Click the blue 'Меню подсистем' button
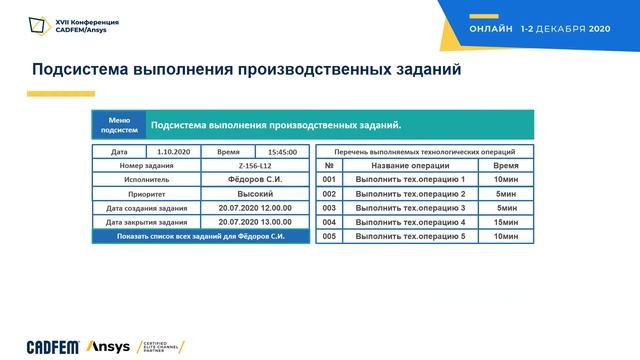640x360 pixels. point(118,125)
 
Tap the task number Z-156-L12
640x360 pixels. point(255,165)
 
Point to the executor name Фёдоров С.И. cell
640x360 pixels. point(255,179)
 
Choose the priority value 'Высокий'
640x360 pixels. point(255,193)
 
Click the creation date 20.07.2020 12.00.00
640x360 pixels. point(255,208)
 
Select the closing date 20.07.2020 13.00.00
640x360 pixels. point(255,222)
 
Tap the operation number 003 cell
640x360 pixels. point(328,208)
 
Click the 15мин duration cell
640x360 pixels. point(505,222)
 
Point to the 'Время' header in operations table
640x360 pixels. point(505,165)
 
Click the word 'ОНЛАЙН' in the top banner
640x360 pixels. point(490,30)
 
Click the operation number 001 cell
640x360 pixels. point(328,179)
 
